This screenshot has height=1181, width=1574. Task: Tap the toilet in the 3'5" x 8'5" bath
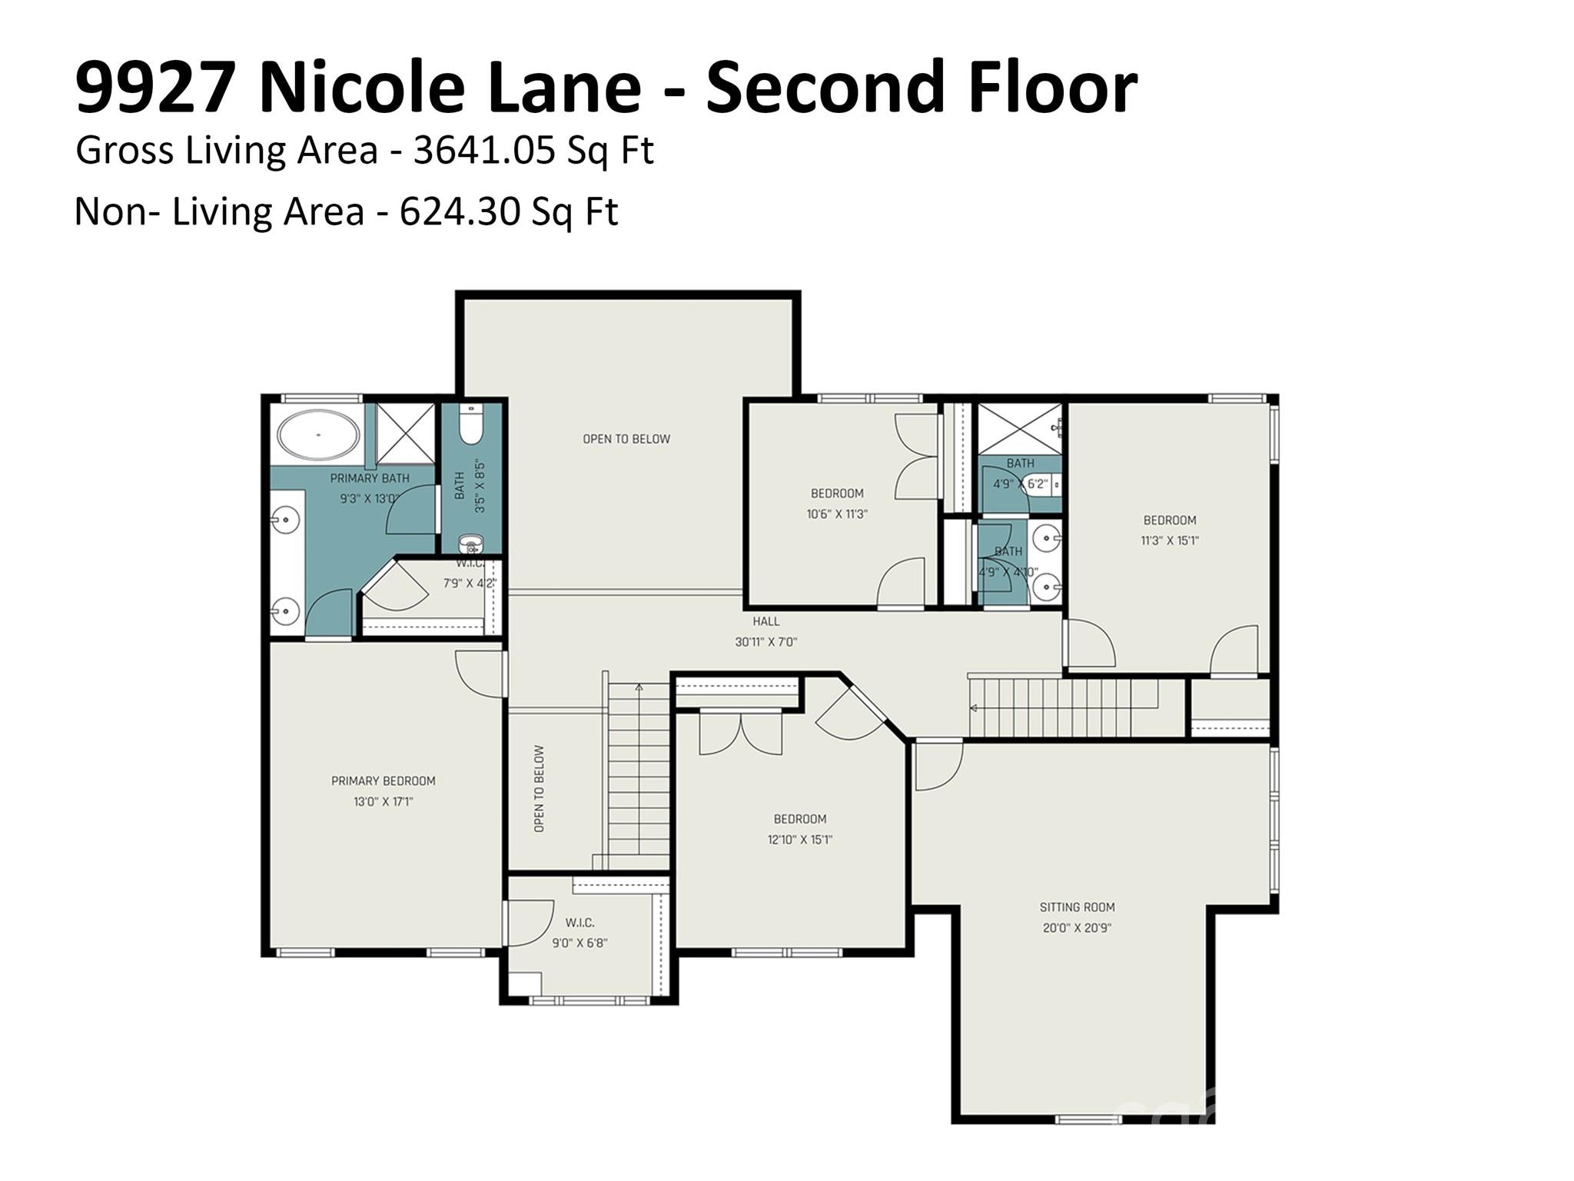click(470, 427)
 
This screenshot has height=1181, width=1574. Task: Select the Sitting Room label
click(1077, 907)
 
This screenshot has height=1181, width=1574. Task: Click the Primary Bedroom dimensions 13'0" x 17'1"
click(384, 802)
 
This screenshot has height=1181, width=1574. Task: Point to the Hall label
click(766, 621)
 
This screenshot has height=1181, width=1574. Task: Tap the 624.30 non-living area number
click(460, 211)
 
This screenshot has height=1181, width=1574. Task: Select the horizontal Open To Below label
click(626, 439)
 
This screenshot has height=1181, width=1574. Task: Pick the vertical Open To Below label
click(539, 788)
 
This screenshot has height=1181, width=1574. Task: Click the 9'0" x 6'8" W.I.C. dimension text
click(579, 943)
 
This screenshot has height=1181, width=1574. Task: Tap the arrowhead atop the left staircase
click(639, 687)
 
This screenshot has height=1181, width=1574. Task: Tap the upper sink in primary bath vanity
click(284, 521)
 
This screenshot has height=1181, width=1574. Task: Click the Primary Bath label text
click(370, 478)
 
